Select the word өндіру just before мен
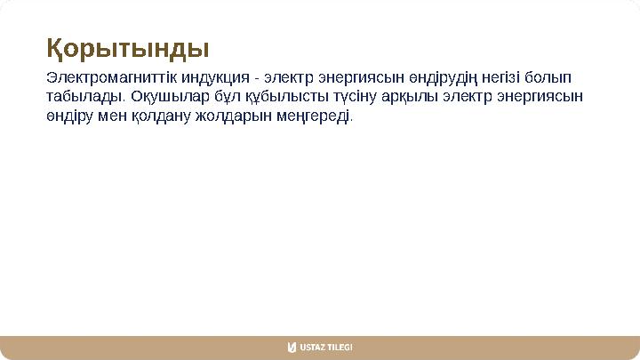click(69, 116)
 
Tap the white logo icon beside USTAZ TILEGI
click(292, 347)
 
